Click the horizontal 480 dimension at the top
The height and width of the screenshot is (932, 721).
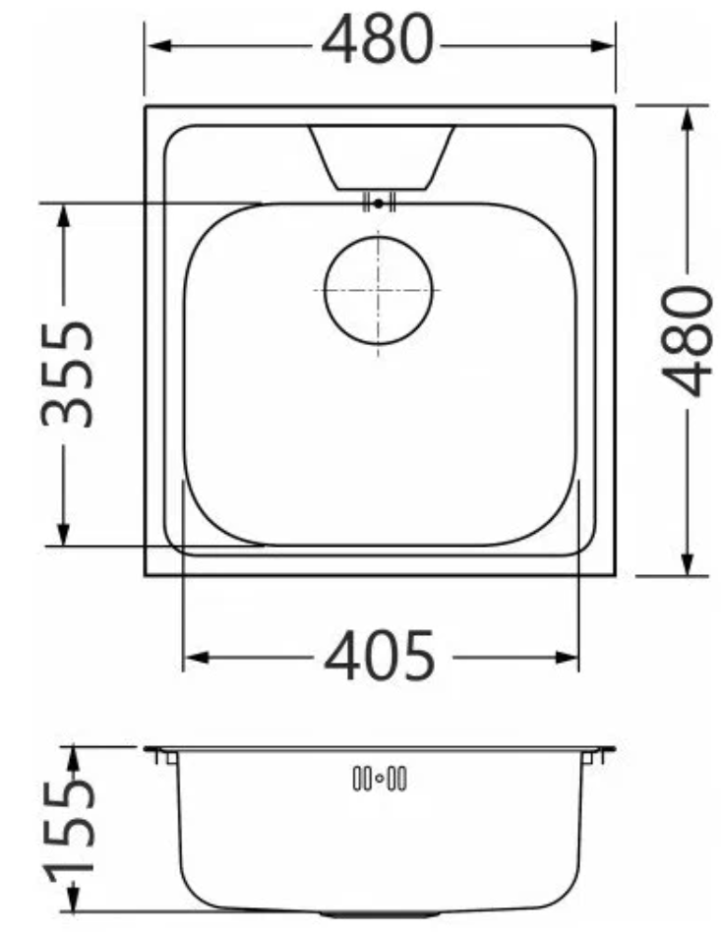tap(377, 39)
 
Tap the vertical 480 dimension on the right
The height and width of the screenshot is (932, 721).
tap(688, 340)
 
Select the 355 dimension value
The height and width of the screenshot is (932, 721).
tap(67, 375)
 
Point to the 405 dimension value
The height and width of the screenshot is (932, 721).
tap(380, 656)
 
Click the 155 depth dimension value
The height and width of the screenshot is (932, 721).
tap(70, 828)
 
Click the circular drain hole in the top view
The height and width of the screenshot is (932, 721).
tap(379, 290)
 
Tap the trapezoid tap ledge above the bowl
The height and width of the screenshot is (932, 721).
tap(381, 157)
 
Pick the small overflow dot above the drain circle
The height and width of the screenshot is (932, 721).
tap(379, 204)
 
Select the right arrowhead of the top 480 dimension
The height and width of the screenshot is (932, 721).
tap(601, 46)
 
